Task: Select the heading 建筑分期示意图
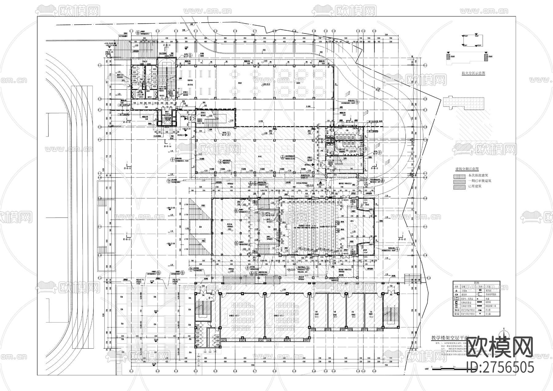468,169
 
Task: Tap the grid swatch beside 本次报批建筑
459,176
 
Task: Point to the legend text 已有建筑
475,186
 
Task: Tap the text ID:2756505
500,367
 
